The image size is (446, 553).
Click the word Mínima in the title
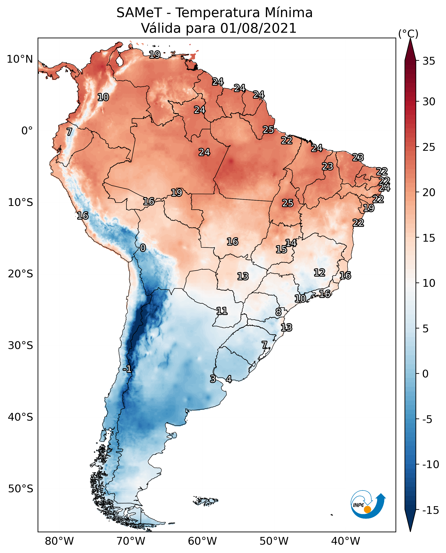point(288,13)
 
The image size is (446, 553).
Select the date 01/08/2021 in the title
point(258,28)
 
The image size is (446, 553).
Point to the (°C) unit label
point(408,34)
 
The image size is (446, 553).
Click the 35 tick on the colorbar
point(429,61)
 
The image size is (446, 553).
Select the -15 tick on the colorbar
point(431,510)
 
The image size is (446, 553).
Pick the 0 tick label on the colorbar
point(425,374)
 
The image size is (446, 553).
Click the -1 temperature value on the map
point(127,369)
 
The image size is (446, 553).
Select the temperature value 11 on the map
point(222,311)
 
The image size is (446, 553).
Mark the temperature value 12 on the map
point(319,273)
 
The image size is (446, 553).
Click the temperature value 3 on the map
point(213,379)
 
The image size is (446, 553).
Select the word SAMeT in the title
point(139,13)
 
